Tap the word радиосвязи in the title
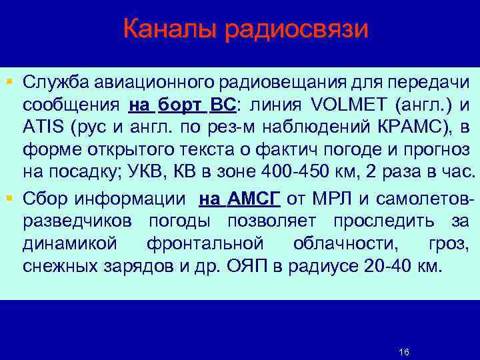tap(292, 29)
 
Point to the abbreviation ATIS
tap(41, 128)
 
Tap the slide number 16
tap(403, 351)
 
